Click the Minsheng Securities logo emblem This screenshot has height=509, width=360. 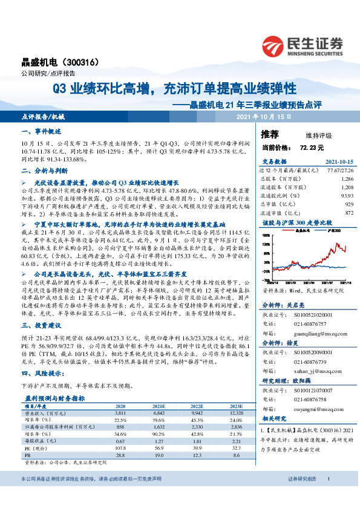pyautogui.click(x=275, y=45)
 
